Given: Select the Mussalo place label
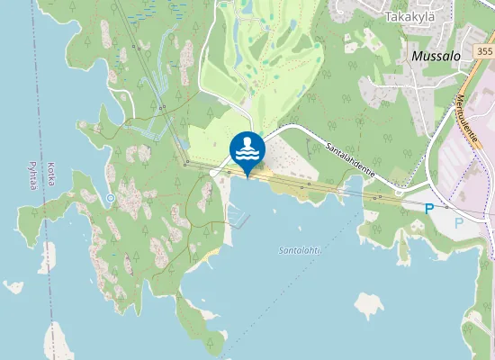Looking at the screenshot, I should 436,56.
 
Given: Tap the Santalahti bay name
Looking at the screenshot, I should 301,249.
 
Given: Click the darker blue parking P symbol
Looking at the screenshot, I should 429,208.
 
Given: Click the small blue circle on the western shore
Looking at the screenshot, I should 110,197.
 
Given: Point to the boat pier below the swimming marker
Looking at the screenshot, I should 237,217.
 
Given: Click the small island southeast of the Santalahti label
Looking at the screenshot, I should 368,304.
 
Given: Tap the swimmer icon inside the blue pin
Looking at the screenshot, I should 247,144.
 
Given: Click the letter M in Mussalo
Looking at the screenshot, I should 416,56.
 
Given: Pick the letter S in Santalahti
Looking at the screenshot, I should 282,249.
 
